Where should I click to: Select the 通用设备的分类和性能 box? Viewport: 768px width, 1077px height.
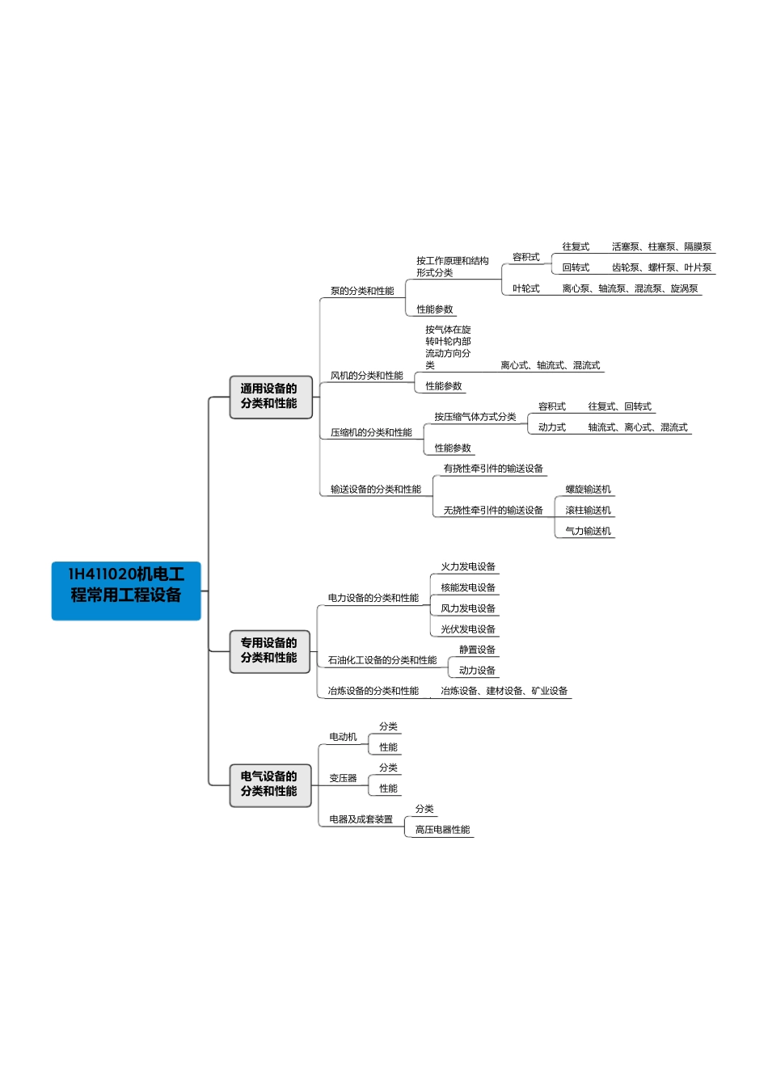[x=270, y=397]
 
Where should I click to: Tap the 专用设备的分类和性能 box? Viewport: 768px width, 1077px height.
[x=270, y=651]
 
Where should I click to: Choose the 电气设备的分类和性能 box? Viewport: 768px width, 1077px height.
[x=270, y=785]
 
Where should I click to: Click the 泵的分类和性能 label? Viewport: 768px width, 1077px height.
[x=362, y=291]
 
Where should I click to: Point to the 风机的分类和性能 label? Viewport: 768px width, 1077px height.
[x=366, y=376]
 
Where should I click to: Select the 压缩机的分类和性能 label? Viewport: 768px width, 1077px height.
[x=371, y=432]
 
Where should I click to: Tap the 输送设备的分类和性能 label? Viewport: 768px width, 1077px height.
[x=375, y=490]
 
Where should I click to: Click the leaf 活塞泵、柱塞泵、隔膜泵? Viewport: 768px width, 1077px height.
[x=661, y=247]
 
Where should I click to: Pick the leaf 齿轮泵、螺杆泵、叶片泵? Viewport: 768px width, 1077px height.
[x=661, y=268]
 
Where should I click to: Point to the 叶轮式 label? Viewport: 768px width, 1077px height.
[x=525, y=288]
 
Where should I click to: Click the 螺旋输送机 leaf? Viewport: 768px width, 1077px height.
[x=588, y=490]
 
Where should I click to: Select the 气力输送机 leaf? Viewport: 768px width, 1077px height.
[x=588, y=532]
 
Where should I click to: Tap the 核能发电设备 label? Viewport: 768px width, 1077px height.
[x=468, y=588]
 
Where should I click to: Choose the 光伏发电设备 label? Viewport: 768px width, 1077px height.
[x=468, y=629]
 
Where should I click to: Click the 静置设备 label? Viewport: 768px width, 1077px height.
[x=477, y=650]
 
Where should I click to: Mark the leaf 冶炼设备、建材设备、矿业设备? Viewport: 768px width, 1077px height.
[x=504, y=692]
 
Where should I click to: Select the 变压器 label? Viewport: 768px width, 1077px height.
[x=343, y=778]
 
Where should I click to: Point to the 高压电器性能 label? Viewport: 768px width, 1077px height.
[x=442, y=830]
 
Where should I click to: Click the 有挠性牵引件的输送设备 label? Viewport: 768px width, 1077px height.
[x=493, y=469]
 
